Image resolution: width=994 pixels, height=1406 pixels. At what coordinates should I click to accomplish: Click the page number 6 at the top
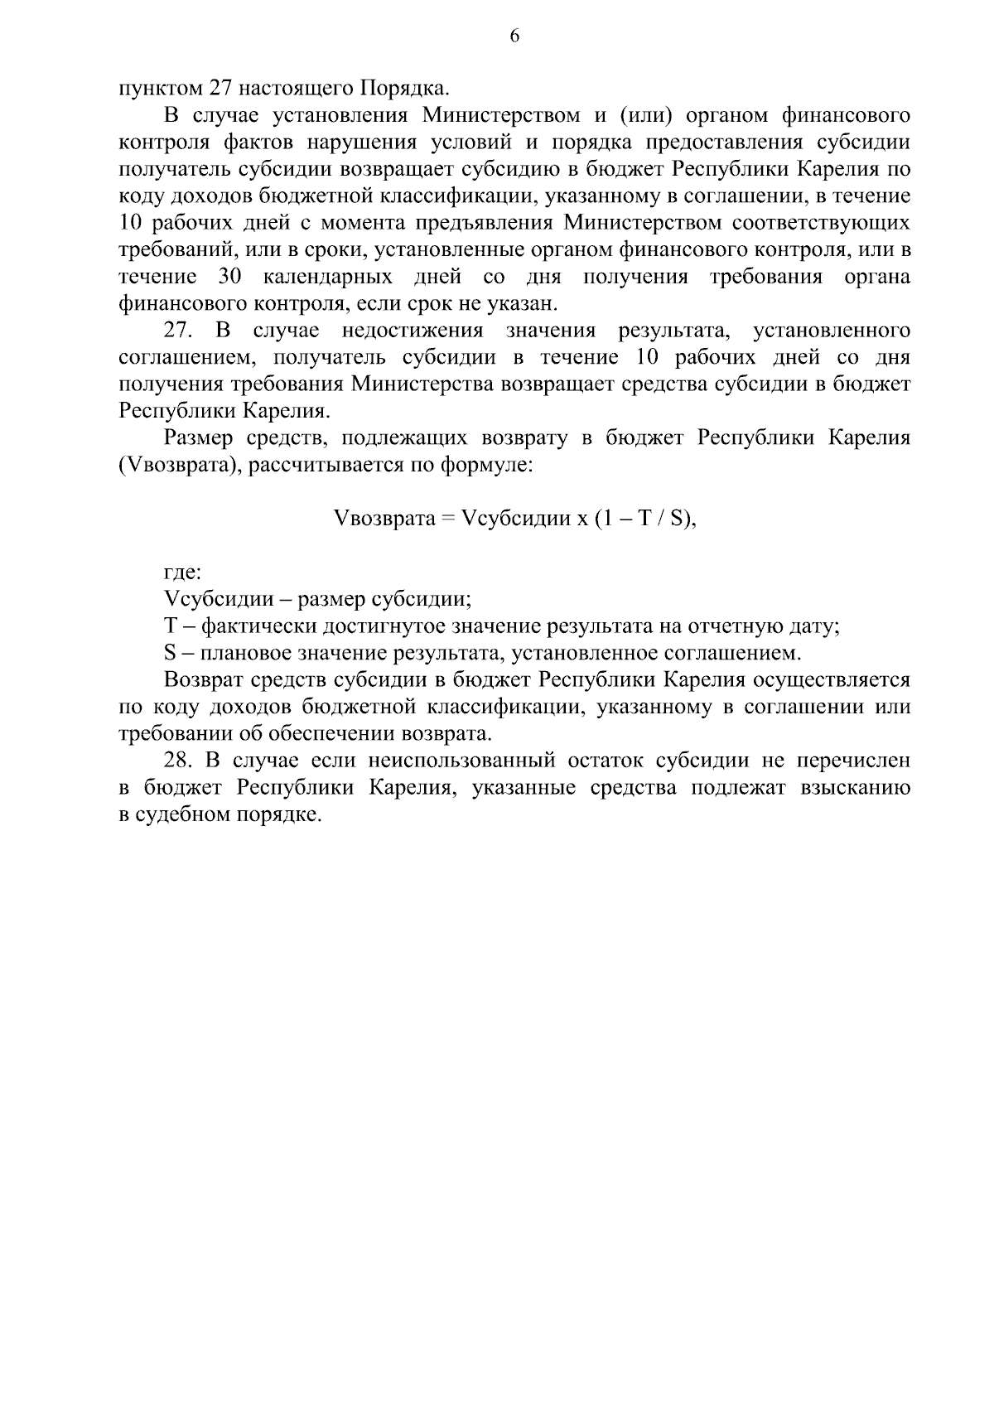tap(514, 36)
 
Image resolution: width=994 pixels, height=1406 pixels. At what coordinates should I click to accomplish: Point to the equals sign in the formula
tap(448, 519)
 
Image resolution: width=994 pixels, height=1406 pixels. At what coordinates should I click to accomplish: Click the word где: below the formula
tap(183, 573)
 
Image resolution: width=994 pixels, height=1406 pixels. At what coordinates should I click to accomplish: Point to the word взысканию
tap(855, 788)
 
